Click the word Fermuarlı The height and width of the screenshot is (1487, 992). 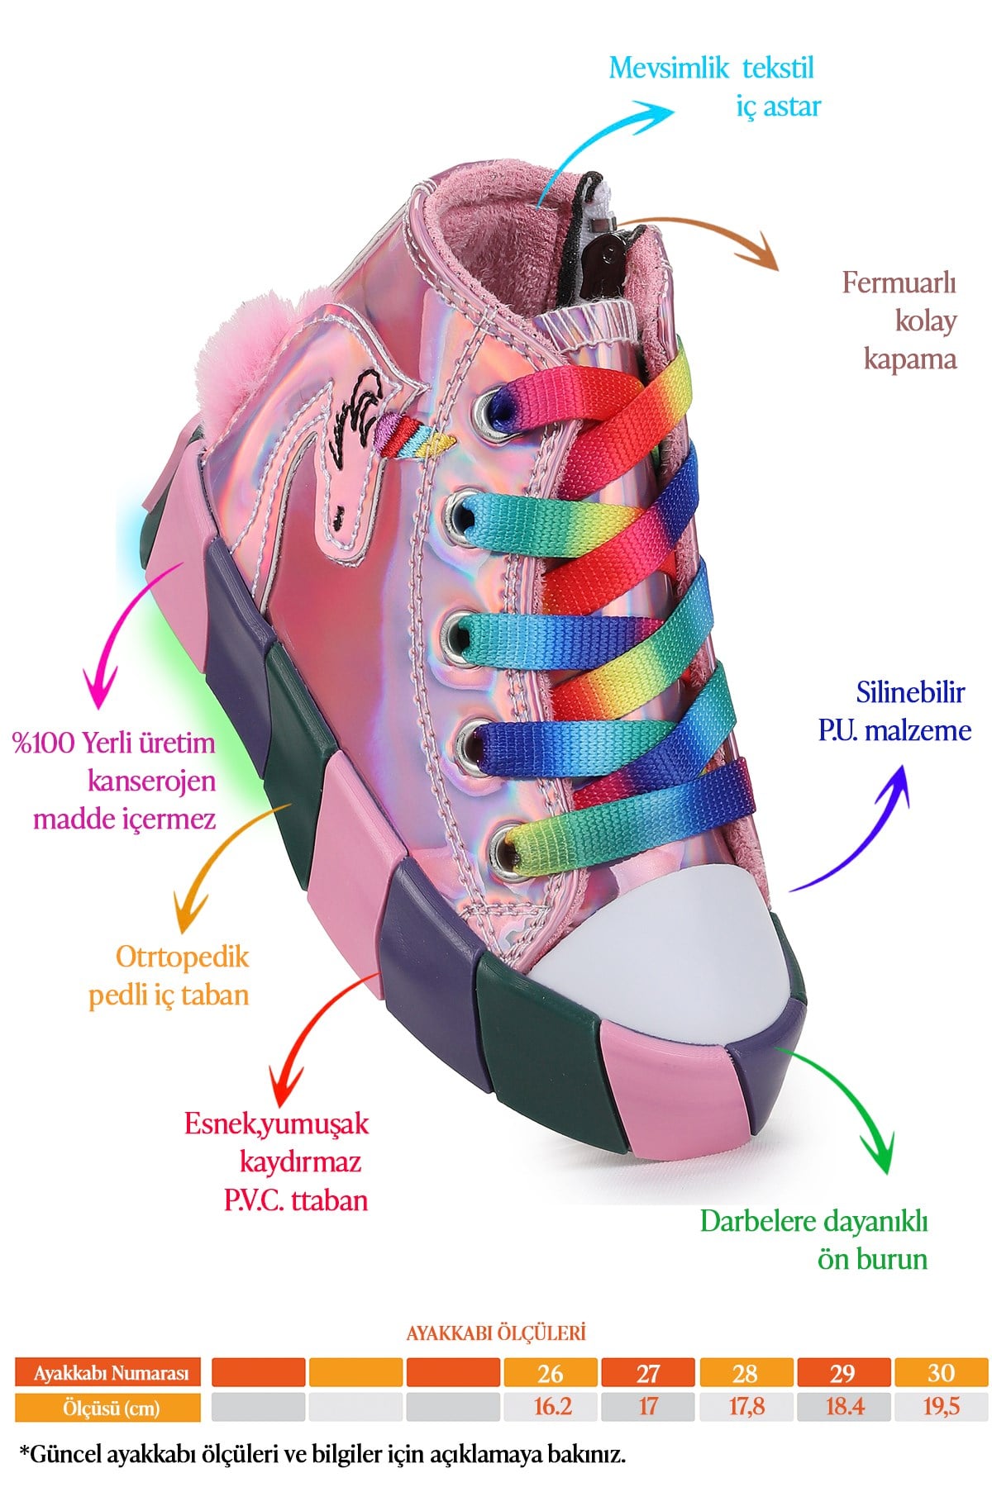[899, 283]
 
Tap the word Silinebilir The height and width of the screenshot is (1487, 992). [911, 692]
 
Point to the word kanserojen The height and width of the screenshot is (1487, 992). [152, 781]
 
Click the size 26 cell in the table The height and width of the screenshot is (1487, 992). [551, 1373]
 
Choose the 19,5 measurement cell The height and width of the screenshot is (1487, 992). [942, 1407]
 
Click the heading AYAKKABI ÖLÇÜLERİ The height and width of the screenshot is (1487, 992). [496, 1333]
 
